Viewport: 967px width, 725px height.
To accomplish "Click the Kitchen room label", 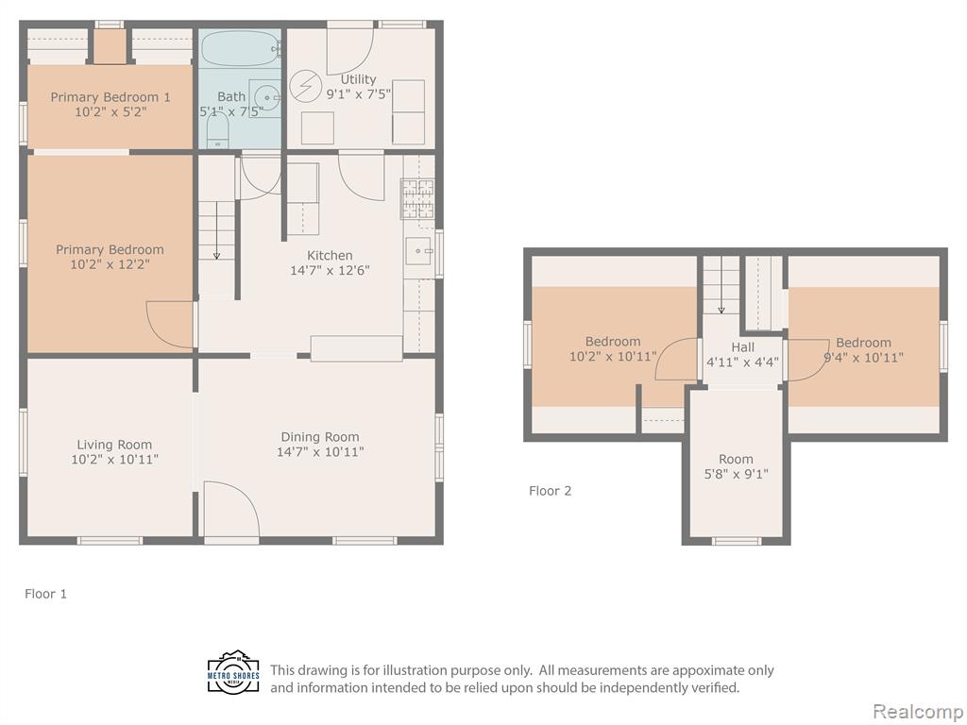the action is coord(330,255).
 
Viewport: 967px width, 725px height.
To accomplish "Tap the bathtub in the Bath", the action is coord(241,48).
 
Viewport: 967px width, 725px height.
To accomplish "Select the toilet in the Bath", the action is coord(217,130).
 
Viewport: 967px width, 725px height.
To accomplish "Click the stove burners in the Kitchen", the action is coord(418,198).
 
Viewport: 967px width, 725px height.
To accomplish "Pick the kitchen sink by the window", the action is coord(419,251).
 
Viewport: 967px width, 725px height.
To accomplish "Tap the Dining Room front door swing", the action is coord(232,508).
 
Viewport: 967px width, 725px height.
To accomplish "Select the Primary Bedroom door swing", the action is coord(170,325).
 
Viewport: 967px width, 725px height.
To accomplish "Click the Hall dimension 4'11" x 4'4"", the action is coord(742,362).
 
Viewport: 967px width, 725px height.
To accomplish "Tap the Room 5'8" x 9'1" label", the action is coord(737,466).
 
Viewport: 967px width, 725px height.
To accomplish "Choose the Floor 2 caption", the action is coord(551,491).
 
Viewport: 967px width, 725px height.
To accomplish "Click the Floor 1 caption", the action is coord(45,594).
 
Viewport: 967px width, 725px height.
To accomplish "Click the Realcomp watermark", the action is coord(918,711).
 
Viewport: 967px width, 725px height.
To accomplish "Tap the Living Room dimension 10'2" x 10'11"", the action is coord(114,460).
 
